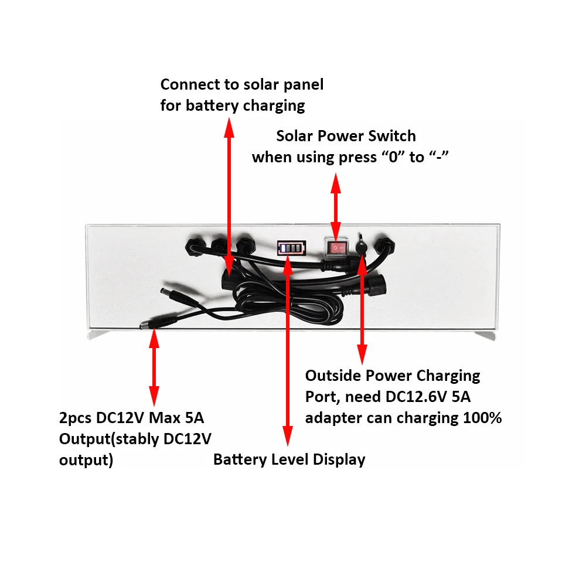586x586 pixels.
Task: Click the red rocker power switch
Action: point(336,248)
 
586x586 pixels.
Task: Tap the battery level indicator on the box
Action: point(292,248)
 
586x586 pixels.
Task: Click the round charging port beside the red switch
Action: point(363,246)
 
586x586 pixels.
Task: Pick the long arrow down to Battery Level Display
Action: point(287,352)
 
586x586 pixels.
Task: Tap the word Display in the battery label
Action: point(339,460)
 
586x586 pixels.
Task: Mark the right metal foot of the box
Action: point(485,335)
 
